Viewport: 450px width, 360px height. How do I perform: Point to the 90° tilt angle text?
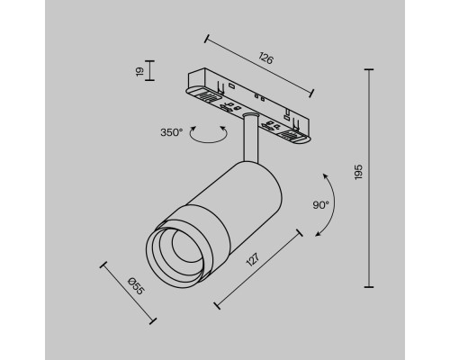click(x=321, y=204)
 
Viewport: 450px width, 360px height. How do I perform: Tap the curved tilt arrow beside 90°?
click(x=331, y=204)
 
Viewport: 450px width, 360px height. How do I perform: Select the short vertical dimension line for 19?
click(x=148, y=70)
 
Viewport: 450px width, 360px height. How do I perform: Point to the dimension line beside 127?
click(x=259, y=267)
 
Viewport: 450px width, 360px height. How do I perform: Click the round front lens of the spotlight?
click(x=172, y=256)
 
